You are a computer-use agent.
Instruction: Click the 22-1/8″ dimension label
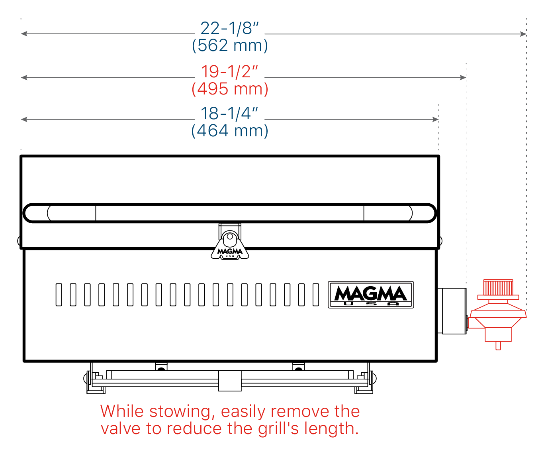click(x=229, y=28)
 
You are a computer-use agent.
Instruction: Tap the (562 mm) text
click(x=229, y=45)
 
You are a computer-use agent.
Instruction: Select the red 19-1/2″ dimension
click(x=229, y=71)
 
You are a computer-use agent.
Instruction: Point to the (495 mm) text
click(x=229, y=89)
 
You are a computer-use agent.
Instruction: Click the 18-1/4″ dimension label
click(x=229, y=114)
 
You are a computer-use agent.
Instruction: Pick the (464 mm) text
click(x=229, y=131)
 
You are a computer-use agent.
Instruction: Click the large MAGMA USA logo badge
click(x=371, y=295)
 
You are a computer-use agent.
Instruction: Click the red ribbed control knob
click(x=498, y=287)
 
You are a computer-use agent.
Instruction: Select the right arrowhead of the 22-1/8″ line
click(x=523, y=34)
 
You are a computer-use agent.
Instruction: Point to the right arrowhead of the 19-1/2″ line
click(x=463, y=77)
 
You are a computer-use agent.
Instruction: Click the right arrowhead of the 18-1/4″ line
click(x=435, y=120)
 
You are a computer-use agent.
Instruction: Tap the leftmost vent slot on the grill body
click(x=59, y=295)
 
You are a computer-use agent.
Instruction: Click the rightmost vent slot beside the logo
click(x=316, y=295)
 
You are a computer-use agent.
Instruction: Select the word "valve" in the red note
click(x=121, y=429)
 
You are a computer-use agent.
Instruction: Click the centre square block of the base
click(x=230, y=381)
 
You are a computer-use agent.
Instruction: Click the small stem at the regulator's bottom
click(x=498, y=346)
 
